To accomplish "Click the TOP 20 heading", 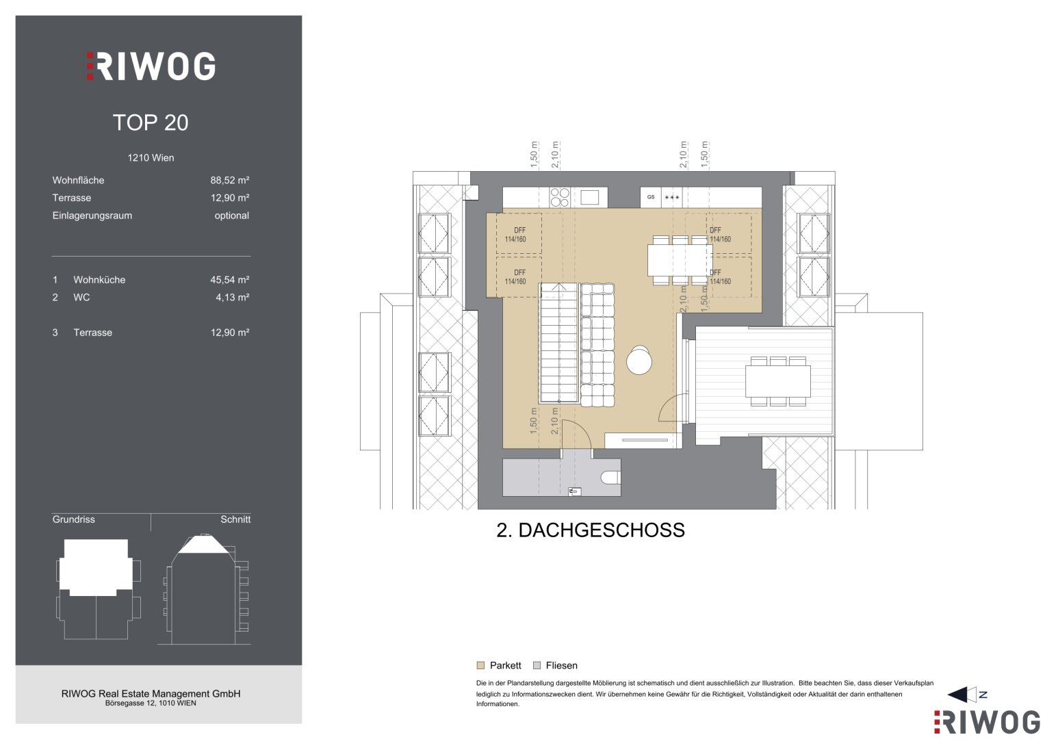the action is pyautogui.click(x=151, y=122).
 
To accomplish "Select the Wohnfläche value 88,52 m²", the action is pyautogui.click(x=229, y=180).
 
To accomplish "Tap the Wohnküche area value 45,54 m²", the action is pyautogui.click(x=229, y=280).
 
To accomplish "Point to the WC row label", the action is pyautogui.click(x=81, y=297).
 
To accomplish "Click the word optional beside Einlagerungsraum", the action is pyautogui.click(x=231, y=216).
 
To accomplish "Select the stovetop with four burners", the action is pyautogui.click(x=560, y=197).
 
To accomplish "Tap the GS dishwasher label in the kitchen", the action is pyautogui.click(x=651, y=197).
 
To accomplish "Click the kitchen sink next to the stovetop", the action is pyautogui.click(x=590, y=197).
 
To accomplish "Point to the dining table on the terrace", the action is pyautogui.click(x=777, y=381).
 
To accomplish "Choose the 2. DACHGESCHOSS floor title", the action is pyautogui.click(x=591, y=530).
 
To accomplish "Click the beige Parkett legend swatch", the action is pyautogui.click(x=480, y=665).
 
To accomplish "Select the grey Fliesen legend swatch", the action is pyautogui.click(x=537, y=665).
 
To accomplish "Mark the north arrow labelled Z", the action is pyautogui.click(x=968, y=695).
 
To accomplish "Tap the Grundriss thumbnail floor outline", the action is pyautogui.click(x=98, y=589).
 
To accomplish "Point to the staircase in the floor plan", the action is pyautogui.click(x=559, y=343).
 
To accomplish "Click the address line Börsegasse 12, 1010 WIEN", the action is pyautogui.click(x=151, y=703).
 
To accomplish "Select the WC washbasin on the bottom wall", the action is pyautogui.click(x=574, y=491).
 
